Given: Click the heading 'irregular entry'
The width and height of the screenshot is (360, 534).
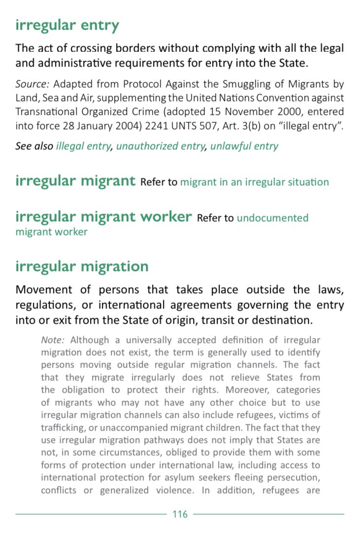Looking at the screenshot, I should pos(67,26).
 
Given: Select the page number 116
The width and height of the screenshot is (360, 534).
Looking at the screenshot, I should pos(180,514).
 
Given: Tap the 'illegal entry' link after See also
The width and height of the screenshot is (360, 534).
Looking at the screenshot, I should pos(83,146).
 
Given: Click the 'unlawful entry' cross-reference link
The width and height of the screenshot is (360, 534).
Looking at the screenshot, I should pos(244,146).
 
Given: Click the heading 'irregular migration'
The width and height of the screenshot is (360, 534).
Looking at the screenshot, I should pos(82,267).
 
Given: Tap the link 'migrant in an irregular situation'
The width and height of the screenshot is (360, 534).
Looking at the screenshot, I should pos(254,182).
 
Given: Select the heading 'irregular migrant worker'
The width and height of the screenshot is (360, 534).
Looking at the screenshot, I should pos(103,217).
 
